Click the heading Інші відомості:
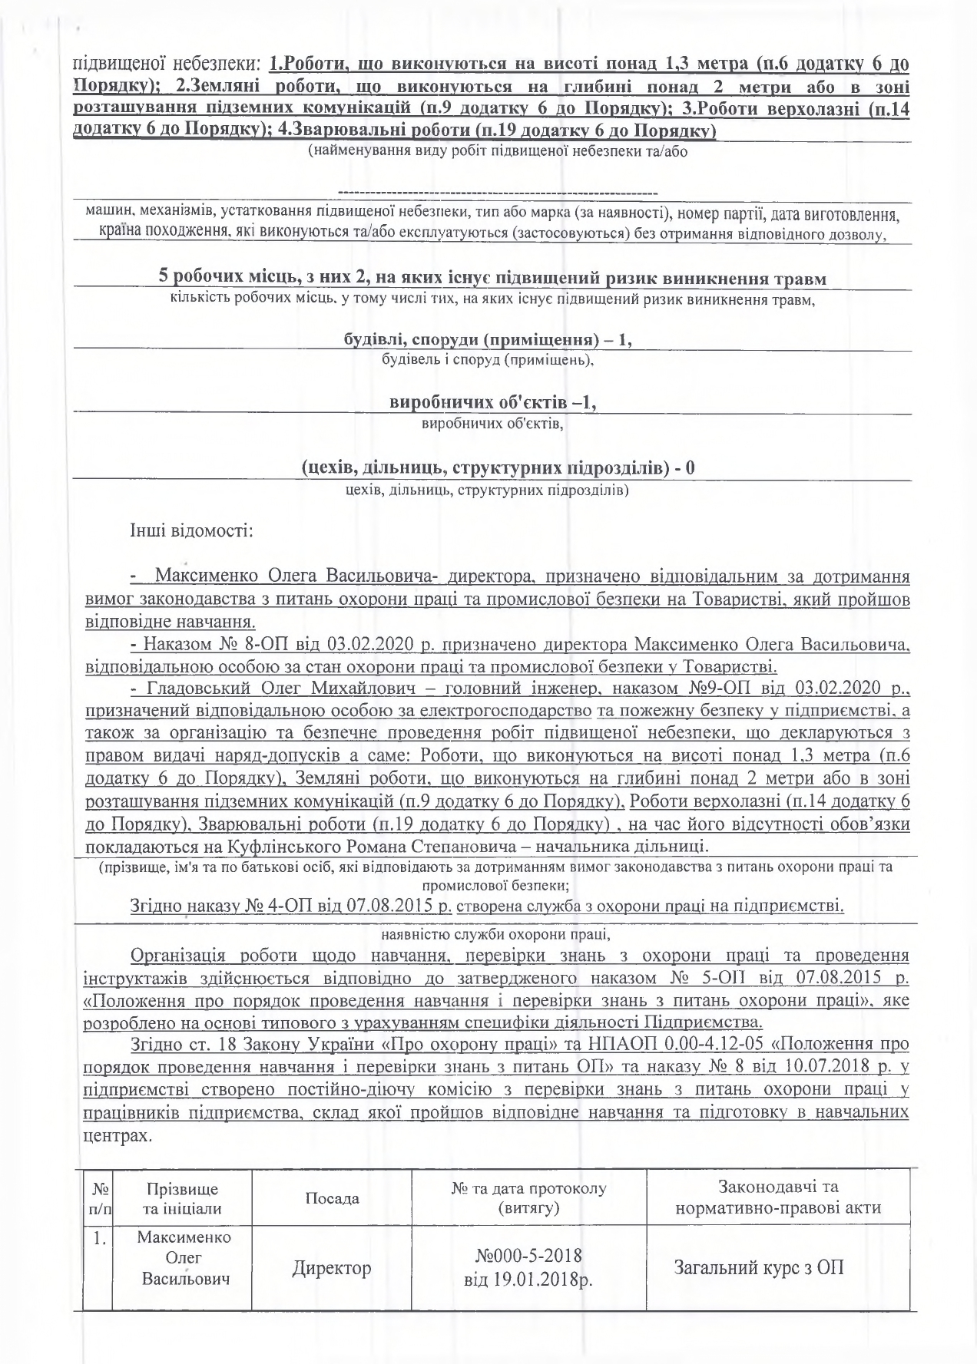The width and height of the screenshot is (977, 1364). tap(191, 530)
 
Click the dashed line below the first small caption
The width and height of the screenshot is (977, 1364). tap(497, 191)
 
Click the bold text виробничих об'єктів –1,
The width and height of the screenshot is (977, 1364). tap(493, 402)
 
